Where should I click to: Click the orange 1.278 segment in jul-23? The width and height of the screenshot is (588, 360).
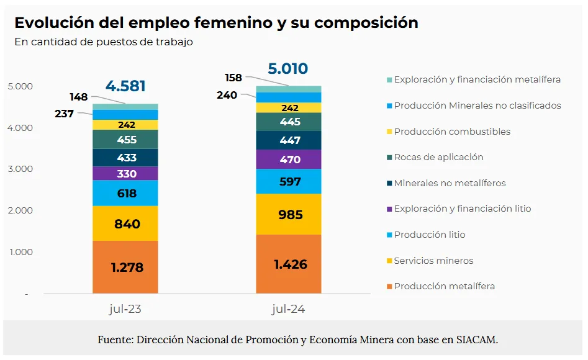tap(127, 268)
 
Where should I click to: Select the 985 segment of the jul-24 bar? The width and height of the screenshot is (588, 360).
tap(289, 215)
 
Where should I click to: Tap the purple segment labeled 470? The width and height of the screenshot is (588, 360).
tap(289, 160)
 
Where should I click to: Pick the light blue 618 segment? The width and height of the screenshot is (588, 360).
tap(127, 193)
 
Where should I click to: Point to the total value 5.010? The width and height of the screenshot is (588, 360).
tap(288, 68)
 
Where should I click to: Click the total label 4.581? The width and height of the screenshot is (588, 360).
tap(125, 86)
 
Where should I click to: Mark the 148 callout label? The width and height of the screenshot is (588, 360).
tap(79, 97)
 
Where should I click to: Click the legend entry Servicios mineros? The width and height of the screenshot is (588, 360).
tap(433, 261)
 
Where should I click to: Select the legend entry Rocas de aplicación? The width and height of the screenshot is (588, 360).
tap(438, 157)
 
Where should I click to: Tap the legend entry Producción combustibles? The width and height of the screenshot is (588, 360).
tap(452, 132)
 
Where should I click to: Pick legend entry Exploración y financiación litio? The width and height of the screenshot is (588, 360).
tap(462, 209)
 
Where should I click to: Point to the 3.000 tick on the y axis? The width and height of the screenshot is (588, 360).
tap(21, 169)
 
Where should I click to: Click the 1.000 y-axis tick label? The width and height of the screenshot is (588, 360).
tap(21, 252)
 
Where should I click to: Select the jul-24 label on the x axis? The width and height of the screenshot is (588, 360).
tap(288, 308)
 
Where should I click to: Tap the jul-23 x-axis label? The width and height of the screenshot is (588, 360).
tap(125, 308)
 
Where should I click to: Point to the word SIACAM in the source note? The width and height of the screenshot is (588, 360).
tap(477, 340)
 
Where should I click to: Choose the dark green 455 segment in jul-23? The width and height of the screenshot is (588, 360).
tap(127, 140)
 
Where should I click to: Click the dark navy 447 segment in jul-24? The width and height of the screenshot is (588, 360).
tap(289, 140)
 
